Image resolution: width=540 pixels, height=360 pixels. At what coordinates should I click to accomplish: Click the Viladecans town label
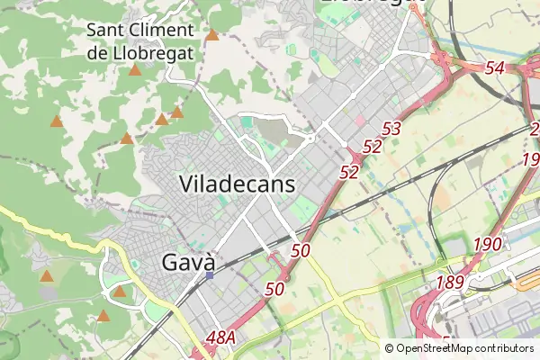pyautogui.click(x=238, y=184)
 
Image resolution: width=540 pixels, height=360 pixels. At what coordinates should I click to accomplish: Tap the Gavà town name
pyautogui.click(x=189, y=262)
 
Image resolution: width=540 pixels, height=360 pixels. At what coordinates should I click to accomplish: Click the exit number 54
pyautogui.click(x=494, y=68)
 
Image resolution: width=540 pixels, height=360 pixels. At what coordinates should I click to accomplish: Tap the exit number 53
pyautogui.click(x=391, y=130)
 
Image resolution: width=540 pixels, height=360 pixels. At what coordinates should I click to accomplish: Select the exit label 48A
pyautogui.click(x=220, y=337)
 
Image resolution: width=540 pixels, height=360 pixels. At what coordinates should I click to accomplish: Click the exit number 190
pyautogui.click(x=487, y=245)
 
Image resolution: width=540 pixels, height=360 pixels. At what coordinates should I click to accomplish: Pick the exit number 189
pyautogui.click(x=449, y=283)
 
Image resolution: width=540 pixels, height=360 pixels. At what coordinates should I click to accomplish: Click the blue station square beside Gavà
pyautogui.click(x=210, y=276)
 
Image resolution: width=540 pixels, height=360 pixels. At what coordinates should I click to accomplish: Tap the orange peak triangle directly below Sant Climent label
pyautogui.click(x=135, y=69)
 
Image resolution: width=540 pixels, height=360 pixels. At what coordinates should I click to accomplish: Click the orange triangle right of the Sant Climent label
pyautogui.click(x=212, y=36)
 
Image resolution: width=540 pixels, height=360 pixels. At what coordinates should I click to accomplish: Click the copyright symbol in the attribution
pyautogui.click(x=389, y=348)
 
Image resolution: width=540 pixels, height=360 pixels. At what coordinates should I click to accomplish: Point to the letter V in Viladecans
pyautogui.click(x=187, y=184)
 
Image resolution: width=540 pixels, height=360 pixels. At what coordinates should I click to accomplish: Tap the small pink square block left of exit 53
pyautogui.click(x=361, y=121)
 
